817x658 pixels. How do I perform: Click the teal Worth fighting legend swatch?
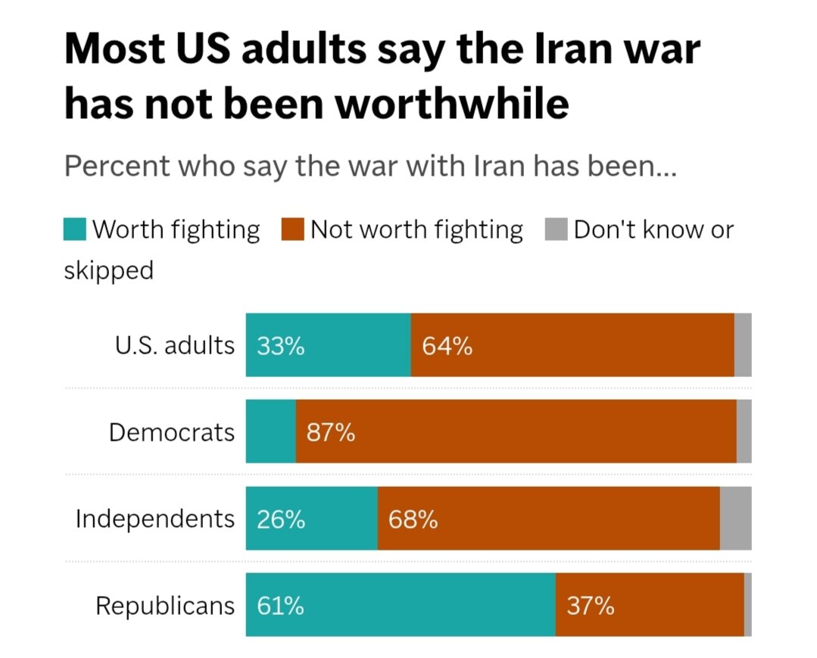pyautogui.click(x=74, y=229)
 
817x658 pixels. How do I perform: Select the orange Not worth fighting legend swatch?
pyautogui.click(x=292, y=229)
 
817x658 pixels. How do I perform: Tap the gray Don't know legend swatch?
pyautogui.click(x=556, y=229)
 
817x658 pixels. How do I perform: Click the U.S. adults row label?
pyautogui.click(x=175, y=345)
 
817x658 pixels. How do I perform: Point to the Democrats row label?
pyautogui.click(x=171, y=432)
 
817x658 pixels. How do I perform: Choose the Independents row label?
pyautogui.click(x=154, y=519)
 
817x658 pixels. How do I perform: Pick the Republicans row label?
pyautogui.click(x=164, y=606)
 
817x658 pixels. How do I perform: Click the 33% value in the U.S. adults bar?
pyautogui.click(x=280, y=346)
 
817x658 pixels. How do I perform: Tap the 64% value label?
pyautogui.click(x=447, y=346)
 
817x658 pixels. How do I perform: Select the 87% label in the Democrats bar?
pyautogui.click(x=331, y=432)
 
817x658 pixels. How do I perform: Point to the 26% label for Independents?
pyautogui.click(x=281, y=519)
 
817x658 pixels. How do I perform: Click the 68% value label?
pyautogui.click(x=413, y=519)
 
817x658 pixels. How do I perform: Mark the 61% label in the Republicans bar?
pyautogui.click(x=280, y=606)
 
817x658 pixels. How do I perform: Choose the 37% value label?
pyautogui.click(x=591, y=606)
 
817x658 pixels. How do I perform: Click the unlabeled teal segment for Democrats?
pyautogui.click(x=271, y=432)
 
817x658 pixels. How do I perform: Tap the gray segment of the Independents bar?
pyautogui.click(x=736, y=519)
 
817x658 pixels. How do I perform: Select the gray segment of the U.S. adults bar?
pyautogui.click(x=743, y=345)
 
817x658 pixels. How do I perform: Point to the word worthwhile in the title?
pyautogui.click(x=452, y=104)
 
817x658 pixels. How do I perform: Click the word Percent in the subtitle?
pyautogui.click(x=117, y=166)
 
